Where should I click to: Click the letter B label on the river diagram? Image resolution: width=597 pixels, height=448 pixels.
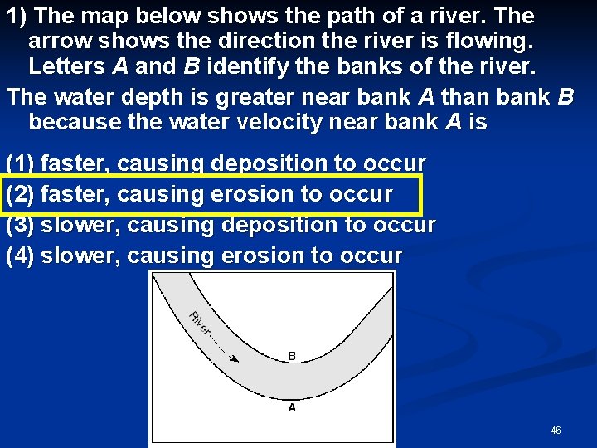click(x=292, y=356)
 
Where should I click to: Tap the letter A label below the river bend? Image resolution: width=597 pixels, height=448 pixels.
click(x=292, y=407)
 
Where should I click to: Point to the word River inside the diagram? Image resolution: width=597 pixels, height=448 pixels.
click(x=199, y=324)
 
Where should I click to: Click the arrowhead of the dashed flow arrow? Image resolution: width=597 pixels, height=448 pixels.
click(x=235, y=358)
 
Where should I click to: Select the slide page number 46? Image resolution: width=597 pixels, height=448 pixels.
click(x=556, y=431)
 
